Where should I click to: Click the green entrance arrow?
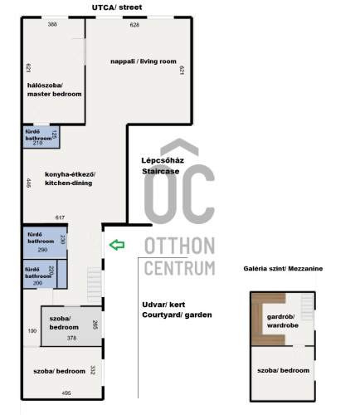117,245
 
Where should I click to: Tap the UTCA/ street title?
117,7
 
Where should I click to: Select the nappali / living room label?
144,61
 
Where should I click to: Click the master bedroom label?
55,90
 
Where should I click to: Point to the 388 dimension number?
52,24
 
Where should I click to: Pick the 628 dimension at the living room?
134,25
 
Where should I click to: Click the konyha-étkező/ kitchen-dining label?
70,178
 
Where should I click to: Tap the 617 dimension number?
60,217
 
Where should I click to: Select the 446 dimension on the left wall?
28,183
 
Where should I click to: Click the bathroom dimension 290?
42,250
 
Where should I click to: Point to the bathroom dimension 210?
37,143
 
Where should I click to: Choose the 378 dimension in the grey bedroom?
71,338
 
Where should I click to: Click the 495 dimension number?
66,393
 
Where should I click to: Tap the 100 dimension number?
32,331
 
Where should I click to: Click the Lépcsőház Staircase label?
163,166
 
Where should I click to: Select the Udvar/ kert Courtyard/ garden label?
177,310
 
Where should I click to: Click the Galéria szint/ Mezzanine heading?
283,269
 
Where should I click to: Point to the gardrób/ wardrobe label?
283,321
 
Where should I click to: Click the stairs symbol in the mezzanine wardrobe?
307,307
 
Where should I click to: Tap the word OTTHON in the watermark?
180,246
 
